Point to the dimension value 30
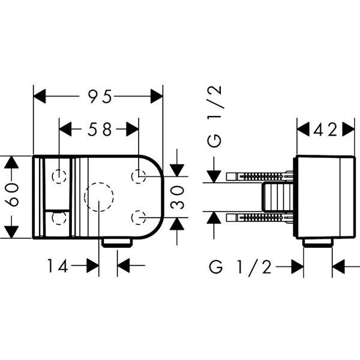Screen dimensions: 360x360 tap(176, 196)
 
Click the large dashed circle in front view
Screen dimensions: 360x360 tap(100, 196)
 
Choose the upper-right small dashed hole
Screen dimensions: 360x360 tap(139, 176)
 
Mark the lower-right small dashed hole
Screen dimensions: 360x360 tap(139, 216)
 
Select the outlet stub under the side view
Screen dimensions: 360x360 tap(319, 243)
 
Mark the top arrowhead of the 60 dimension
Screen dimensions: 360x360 tap(10, 162)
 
